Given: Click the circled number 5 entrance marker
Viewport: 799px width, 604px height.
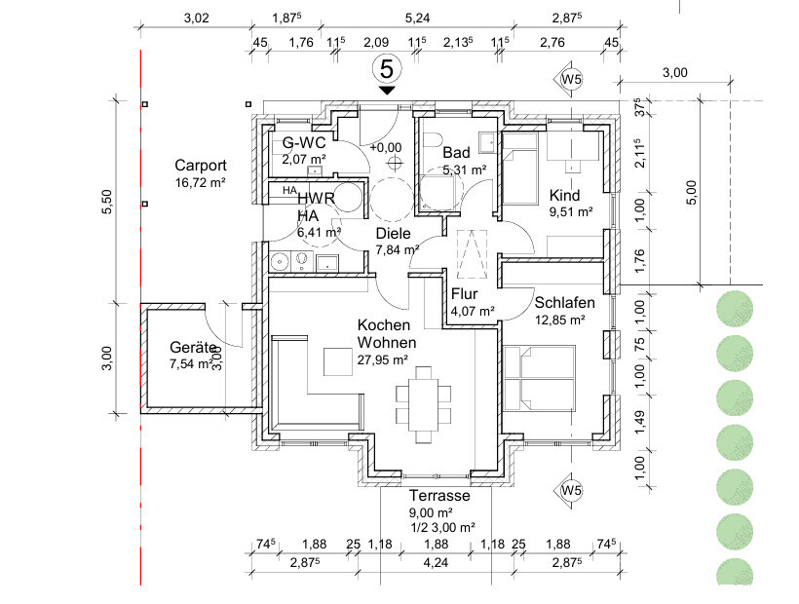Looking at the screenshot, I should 387,69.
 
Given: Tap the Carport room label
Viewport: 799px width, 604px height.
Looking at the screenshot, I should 201,165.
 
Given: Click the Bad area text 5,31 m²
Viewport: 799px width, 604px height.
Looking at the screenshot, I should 465,170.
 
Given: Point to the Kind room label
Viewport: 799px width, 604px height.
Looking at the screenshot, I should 564,194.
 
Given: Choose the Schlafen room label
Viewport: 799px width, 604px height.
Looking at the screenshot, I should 564,302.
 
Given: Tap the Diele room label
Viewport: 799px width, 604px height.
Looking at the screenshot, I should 393,234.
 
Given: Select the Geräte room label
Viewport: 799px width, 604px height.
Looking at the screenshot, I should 192,348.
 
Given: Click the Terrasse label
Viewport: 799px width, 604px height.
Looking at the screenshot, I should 439,495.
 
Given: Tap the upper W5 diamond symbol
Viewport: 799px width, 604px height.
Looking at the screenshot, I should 571,78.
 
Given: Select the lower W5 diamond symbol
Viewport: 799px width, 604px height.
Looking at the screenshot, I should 571,490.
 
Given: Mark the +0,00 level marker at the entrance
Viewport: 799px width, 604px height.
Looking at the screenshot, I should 386,147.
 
